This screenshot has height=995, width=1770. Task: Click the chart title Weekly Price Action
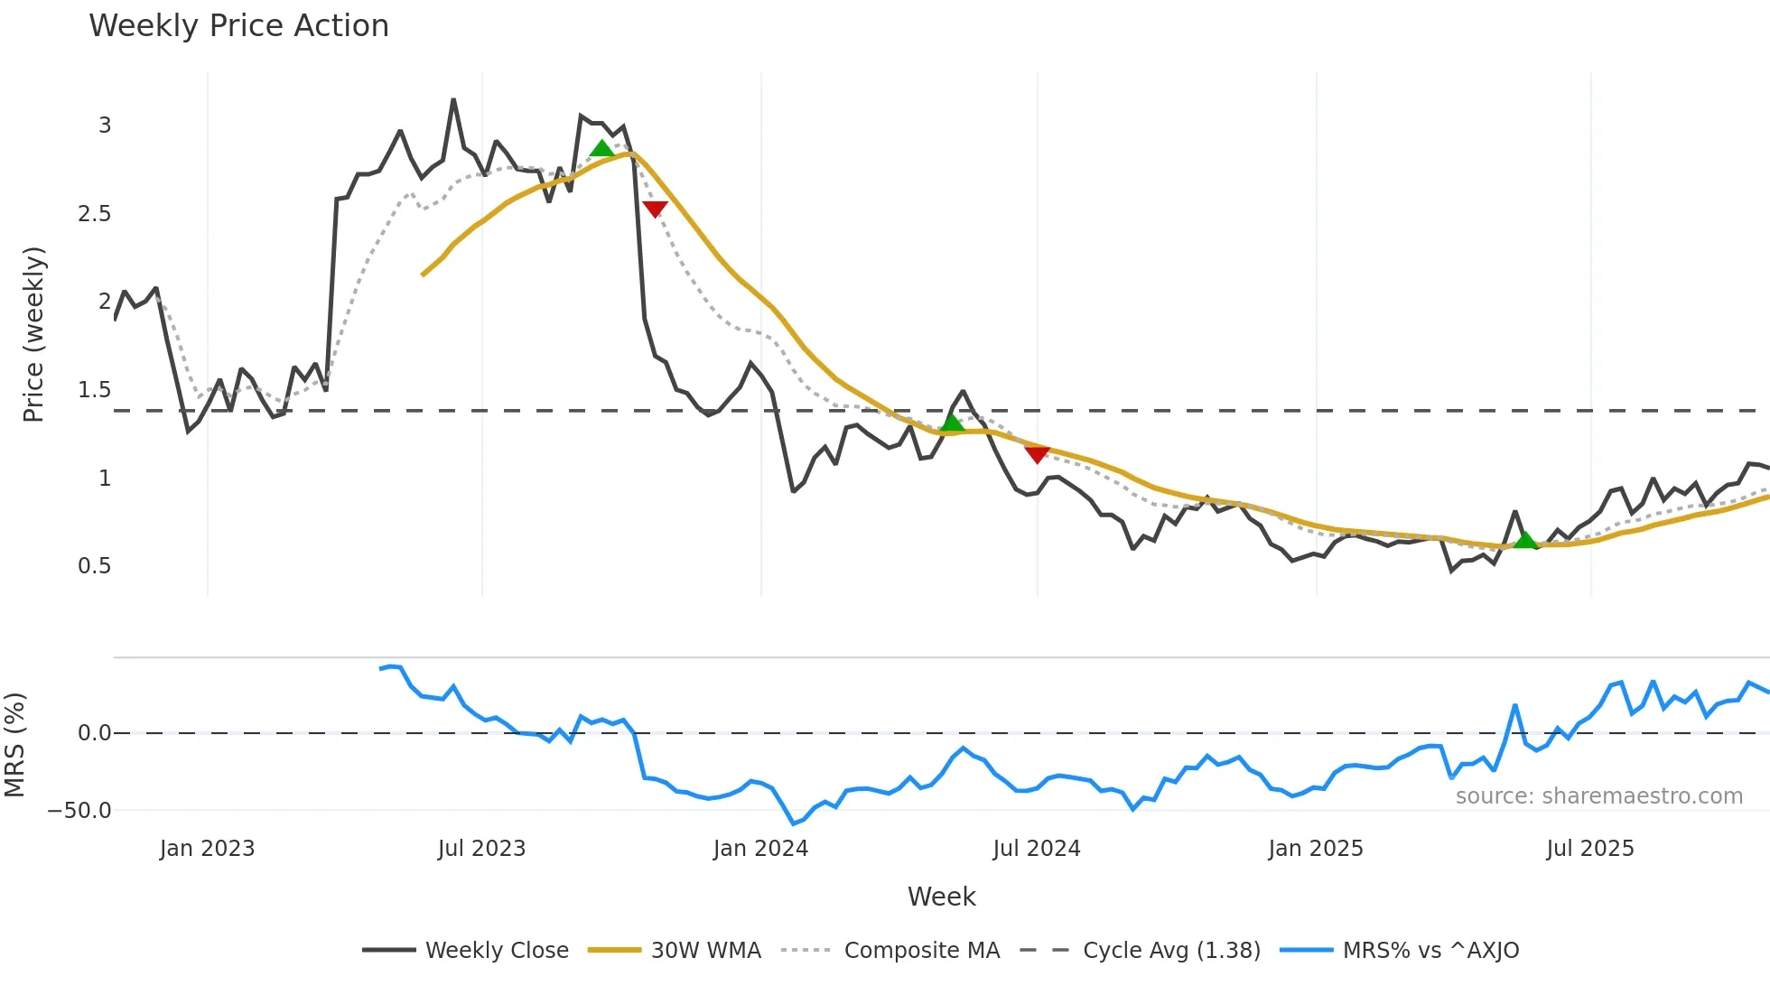pyautogui.click(x=238, y=26)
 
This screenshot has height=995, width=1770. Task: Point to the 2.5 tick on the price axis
pyautogui.click(x=95, y=214)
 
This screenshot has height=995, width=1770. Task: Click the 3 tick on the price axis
pyautogui.click(x=105, y=126)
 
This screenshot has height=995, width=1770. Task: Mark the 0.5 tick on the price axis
pyautogui.click(x=95, y=566)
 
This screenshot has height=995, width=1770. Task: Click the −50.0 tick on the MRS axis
pyautogui.click(x=79, y=811)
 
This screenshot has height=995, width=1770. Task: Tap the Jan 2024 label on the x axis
pyautogui.click(x=760, y=849)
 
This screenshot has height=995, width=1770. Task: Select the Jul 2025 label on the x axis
pyautogui.click(x=1590, y=849)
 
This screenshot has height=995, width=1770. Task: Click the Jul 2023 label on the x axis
pyautogui.click(x=481, y=849)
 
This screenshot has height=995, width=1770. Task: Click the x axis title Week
pyautogui.click(x=941, y=897)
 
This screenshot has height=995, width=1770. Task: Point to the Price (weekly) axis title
pyautogui.click(x=33, y=334)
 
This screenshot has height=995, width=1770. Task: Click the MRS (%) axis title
pyautogui.click(x=14, y=745)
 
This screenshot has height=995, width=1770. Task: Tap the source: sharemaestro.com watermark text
pyautogui.click(x=1598, y=796)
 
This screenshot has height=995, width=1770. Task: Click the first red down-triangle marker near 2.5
pyautogui.click(x=655, y=209)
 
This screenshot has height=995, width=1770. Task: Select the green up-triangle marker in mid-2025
pyautogui.click(x=1525, y=540)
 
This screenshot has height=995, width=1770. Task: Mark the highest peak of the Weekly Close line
pyautogui.click(x=453, y=100)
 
